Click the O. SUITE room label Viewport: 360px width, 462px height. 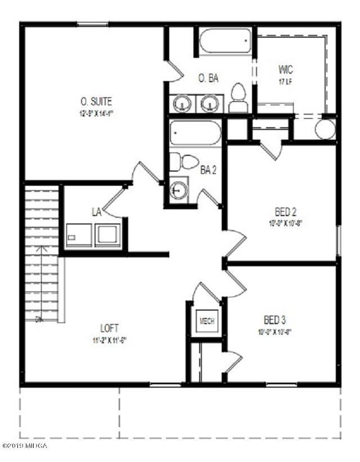click(x=96, y=102)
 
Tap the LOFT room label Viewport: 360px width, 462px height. click(x=110, y=328)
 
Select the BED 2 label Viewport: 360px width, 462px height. click(x=286, y=212)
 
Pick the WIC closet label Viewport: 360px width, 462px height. click(x=286, y=70)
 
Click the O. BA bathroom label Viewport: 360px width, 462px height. click(x=208, y=78)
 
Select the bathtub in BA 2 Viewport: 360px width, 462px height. click(x=195, y=133)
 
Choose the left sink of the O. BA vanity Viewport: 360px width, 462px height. click(x=182, y=104)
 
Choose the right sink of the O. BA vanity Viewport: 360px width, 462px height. click(x=210, y=104)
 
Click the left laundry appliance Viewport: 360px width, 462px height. click(x=79, y=235)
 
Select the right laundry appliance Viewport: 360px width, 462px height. click(x=107, y=235)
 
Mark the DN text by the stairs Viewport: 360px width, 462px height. click(x=39, y=320)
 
